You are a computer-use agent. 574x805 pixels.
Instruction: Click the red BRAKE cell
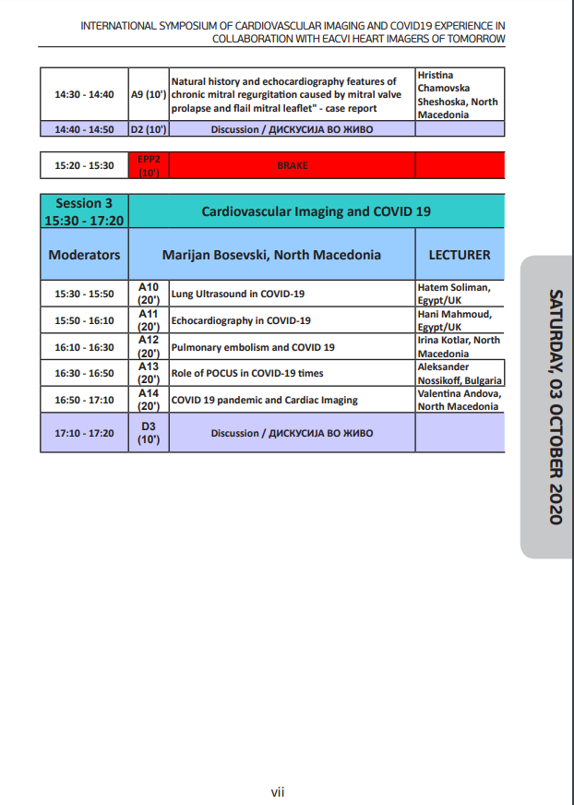point(293,166)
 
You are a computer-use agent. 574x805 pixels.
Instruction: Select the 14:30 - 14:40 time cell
point(84,94)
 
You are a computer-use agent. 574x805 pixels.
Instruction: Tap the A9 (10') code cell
point(149,94)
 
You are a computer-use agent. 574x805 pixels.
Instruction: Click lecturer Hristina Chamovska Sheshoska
point(459,94)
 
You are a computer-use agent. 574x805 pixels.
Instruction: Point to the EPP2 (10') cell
point(149,166)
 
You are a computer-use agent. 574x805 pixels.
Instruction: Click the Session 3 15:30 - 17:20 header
point(84,211)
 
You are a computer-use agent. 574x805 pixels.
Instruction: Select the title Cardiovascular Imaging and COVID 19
point(316,211)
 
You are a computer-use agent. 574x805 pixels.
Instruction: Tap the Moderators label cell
point(84,254)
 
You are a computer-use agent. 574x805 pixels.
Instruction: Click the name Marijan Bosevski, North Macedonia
point(271,254)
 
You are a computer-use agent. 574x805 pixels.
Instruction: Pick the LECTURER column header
point(459,254)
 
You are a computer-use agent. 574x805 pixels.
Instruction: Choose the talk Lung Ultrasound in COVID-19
point(238,294)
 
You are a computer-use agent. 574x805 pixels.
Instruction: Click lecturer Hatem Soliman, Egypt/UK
point(459,294)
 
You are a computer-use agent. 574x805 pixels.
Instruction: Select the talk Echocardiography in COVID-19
point(241,320)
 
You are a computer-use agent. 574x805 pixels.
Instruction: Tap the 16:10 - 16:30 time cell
point(84,347)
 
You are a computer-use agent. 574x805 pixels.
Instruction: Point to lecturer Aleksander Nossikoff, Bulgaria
point(459,374)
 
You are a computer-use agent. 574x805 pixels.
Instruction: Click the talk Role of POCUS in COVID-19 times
point(247,374)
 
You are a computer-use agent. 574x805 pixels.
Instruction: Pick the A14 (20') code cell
point(149,400)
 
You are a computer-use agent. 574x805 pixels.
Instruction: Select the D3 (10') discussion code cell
point(149,433)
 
